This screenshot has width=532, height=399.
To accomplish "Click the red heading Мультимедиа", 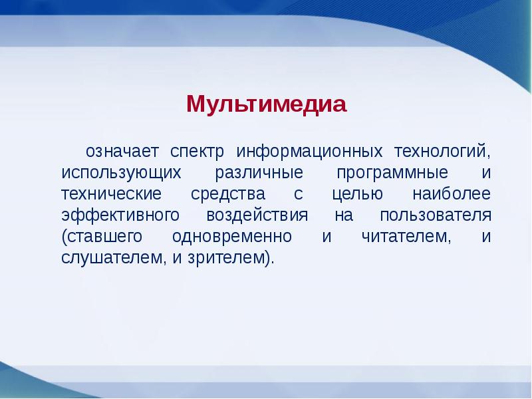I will (267, 104).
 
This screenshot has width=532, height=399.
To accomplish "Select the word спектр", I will (198, 151).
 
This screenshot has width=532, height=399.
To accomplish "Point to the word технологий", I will (443, 151).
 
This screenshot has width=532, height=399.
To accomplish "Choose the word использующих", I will (120, 172).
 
